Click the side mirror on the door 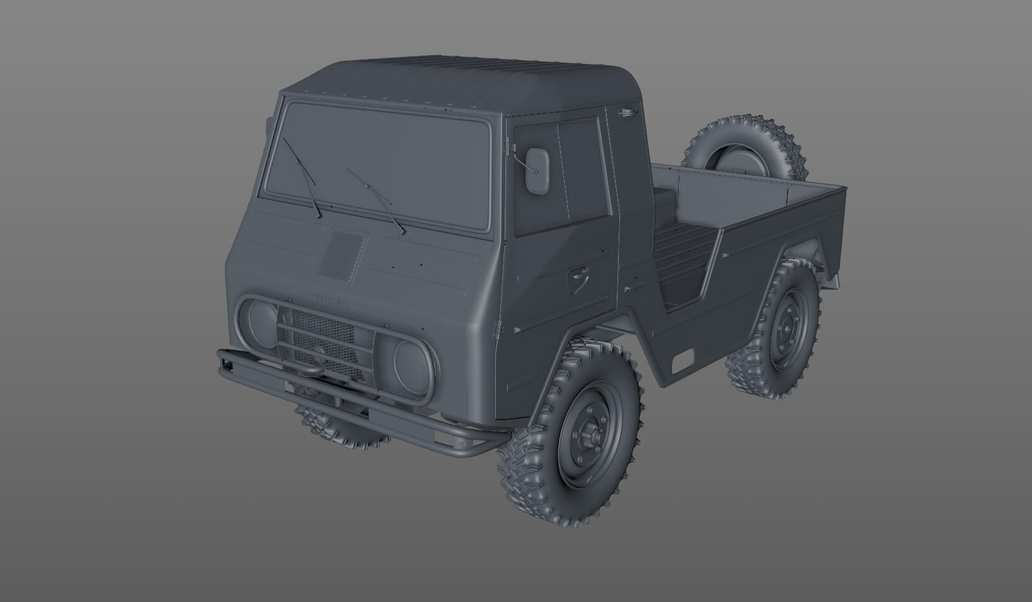[538, 170]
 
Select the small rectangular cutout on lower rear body [684, 361]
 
